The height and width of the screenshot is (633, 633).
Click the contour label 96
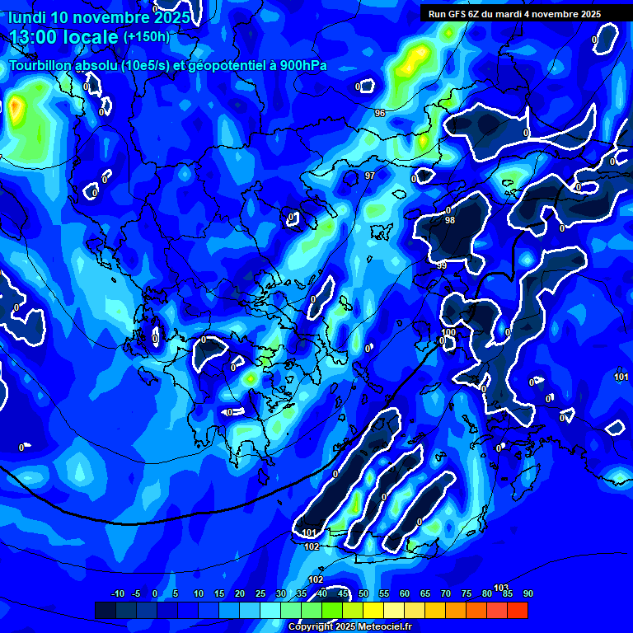[x=379, y=113]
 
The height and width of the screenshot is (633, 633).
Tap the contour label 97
[x=370, y=176]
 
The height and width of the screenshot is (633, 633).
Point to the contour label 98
[x=449, y=221]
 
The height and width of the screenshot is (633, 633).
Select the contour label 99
[x=442, y=265]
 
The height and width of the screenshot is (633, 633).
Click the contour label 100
[x=448, y=332]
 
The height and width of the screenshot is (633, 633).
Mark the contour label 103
[x=501, y=588]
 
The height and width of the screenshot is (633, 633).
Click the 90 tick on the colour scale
[x=527, y=594]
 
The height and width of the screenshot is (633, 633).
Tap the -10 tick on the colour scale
[x=117, y=594]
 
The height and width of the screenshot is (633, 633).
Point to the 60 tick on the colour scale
[x=405, y=594]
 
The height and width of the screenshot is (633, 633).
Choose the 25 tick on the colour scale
[x=260, y=594]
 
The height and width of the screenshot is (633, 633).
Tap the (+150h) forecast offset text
[x=146, y=37]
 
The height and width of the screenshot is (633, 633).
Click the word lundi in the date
[x=27, y=16]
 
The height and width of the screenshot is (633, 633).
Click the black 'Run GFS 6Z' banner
[x=514, y=14]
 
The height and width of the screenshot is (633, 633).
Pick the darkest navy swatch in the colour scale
[x=105, y=610]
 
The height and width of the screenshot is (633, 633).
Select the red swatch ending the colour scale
[x=517, y=610]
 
